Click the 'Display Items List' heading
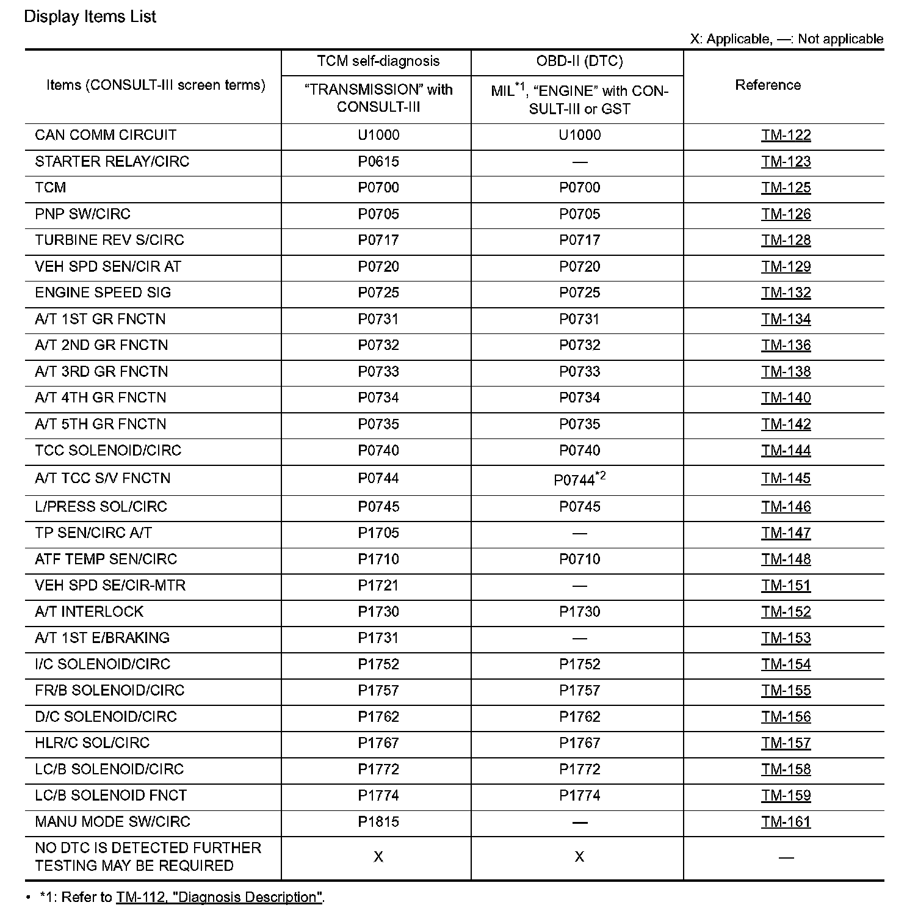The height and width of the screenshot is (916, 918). [90, 16]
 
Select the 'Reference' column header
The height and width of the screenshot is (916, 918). [767, 85]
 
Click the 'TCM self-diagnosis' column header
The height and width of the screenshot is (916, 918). [378, 61]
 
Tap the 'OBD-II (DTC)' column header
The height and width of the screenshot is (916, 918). [579, 61]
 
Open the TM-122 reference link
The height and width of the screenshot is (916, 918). [786, 135]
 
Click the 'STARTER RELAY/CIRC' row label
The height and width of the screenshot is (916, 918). [112, 161]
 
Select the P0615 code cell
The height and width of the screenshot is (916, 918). [378, 161]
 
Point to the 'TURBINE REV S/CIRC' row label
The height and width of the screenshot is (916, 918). [109, 240]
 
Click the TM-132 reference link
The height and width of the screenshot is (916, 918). [786, 293]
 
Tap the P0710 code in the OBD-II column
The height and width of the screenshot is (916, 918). [579, 559]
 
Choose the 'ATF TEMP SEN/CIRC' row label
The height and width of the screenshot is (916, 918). [106, 559]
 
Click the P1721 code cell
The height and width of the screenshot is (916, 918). [378, 585]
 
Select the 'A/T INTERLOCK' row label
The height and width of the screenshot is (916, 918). [89, 611]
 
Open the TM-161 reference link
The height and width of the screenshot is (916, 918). [786, 821]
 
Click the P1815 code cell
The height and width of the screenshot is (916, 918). [378, 821]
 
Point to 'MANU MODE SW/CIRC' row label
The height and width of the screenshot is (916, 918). [112, 821]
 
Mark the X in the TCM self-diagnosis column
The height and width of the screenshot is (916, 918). [378, 857]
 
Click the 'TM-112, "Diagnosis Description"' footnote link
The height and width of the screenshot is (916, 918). [219, 897]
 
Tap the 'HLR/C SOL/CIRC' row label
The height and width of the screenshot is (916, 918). [92, 743]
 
